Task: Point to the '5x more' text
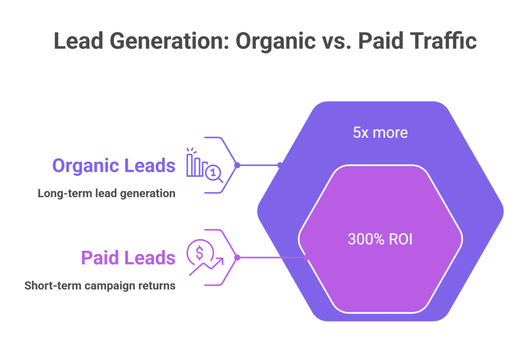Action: coord(380,133)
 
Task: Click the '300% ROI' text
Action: coord(380,239)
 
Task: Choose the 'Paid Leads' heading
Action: coord(128,258)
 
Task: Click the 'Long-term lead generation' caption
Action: coord(107,194)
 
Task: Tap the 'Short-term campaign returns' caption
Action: coord(100,286)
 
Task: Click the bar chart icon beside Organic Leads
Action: coord(196,163)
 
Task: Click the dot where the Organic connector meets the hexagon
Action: coord(279,165)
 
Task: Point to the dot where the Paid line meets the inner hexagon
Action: coord(306,258)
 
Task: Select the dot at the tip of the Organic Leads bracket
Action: coord(237,165)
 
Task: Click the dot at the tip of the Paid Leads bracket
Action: coord(237,258)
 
